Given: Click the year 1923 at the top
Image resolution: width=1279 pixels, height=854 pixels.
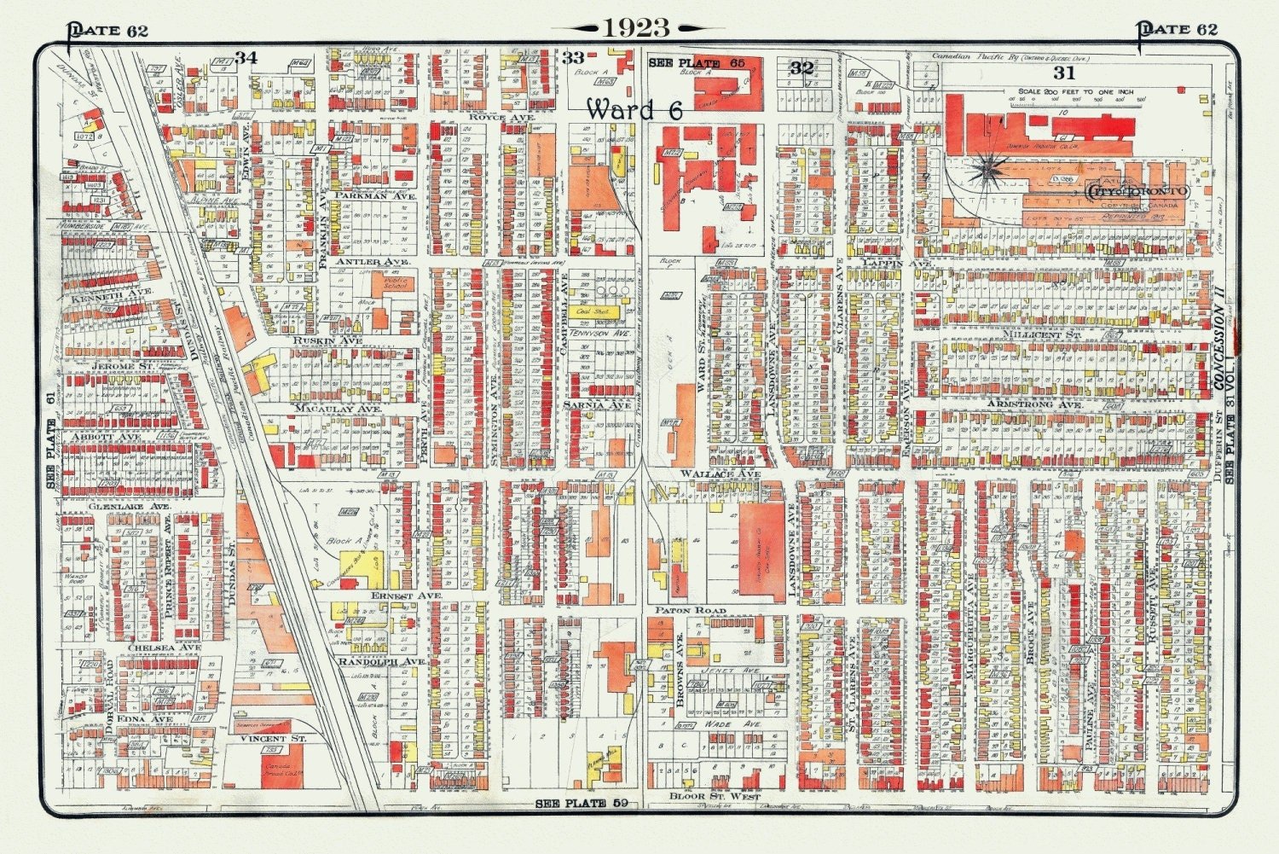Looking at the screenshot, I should click(637, 28).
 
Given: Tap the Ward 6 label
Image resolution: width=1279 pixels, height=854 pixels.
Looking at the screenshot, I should click(634, 109).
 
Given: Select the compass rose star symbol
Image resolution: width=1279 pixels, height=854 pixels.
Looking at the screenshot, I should click(988, 171).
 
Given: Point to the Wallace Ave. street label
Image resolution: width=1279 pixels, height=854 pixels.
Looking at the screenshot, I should click(720, 473).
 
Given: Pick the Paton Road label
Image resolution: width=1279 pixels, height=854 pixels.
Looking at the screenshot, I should click(691, 611).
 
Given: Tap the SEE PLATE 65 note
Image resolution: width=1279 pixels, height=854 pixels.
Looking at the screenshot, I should click(697, 63).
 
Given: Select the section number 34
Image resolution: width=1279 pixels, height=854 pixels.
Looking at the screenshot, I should click(246, 57).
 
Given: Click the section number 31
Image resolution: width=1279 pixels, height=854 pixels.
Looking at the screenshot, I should click(1064, 73).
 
